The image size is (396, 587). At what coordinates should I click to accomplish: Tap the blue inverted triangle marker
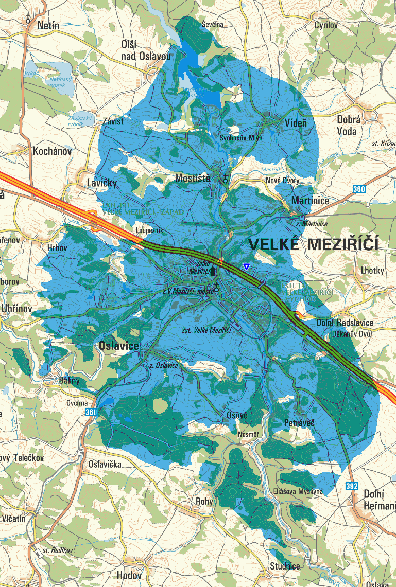pos(247,266)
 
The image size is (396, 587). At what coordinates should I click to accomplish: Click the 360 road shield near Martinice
pos(359,190)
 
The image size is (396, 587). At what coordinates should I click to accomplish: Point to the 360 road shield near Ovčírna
pos(91,412)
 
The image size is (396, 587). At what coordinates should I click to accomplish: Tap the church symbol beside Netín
pos(28,19)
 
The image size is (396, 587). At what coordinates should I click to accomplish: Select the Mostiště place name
pos(193,179)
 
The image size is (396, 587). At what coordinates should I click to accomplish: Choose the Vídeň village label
pos(296,123)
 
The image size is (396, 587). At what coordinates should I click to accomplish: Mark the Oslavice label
pos(118,346)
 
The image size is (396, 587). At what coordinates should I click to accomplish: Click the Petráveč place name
pos(299,423)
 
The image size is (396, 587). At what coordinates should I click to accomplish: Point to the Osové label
pos(237,415)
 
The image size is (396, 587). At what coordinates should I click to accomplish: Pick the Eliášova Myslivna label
pos(298,491)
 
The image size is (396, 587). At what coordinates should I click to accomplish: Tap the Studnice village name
pos(285,566)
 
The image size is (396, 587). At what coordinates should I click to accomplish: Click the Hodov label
pos(129,575)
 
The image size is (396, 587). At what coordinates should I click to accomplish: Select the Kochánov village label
pos(52,152)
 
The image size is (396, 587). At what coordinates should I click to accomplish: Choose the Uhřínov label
pos(16,309)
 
